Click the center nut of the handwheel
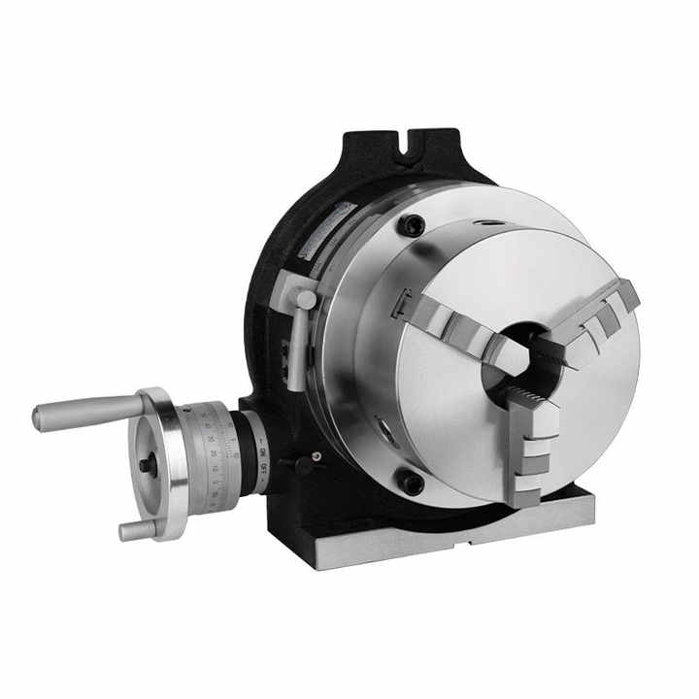pos(147,465)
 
